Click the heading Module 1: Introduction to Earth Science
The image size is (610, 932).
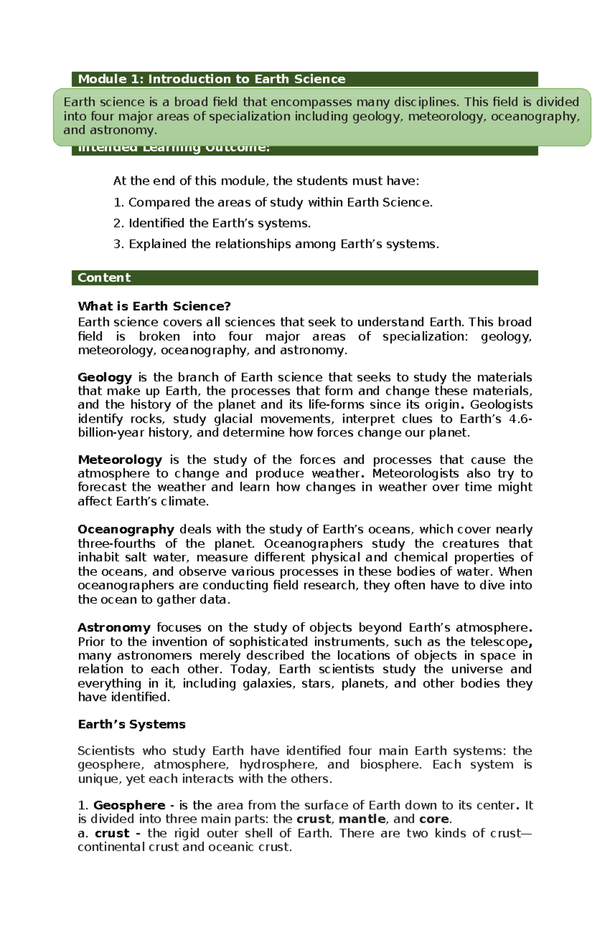211,79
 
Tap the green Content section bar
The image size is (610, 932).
304,278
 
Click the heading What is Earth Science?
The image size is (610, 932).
154,306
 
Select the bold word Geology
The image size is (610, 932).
105,377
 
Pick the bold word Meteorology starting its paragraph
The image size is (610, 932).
120,460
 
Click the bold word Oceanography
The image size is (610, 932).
126,529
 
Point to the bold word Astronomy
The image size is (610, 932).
114,628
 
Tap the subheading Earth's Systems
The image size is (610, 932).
132,724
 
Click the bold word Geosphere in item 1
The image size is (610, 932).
129,806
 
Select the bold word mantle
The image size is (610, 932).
362,819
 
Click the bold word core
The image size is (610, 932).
434,819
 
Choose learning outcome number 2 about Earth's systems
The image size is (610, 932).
212,223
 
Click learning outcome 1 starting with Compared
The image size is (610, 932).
273,203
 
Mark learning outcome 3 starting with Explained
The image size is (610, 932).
276,244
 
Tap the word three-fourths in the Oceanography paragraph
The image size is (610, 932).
116,543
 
